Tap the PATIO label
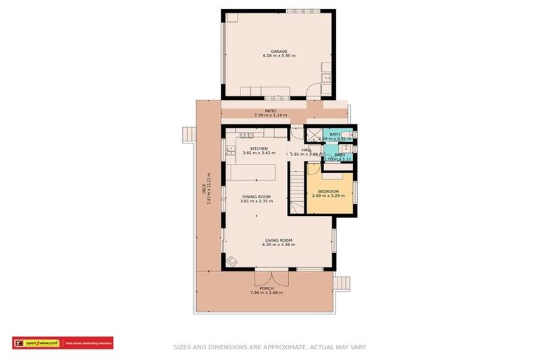[x=270, y=110]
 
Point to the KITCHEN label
[x=258, y=148]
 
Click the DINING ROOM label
[x=257, y=197]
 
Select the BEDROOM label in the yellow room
[x=328, y=191]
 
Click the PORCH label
[x=266, y=288]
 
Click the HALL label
[x=307, y=149]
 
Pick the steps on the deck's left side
[x=188, y=134]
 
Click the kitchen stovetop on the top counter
[x=245, y=134]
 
